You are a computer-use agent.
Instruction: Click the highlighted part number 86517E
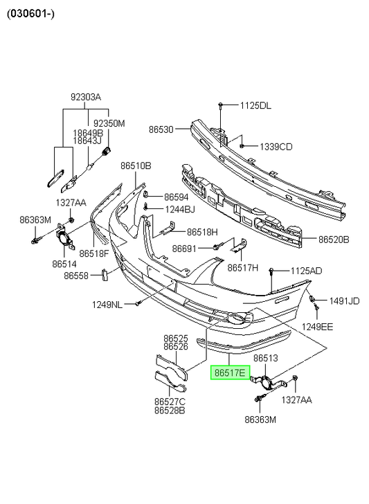[230, 372]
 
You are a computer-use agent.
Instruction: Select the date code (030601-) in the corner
[31, 14]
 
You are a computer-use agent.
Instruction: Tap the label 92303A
[86, 97]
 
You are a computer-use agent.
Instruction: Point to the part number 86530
[161, 129]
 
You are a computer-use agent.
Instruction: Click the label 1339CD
[276, 147]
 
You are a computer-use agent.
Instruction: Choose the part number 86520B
[334, 240]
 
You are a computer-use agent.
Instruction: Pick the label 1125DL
[255, 105]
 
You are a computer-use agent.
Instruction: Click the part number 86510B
[136, 166]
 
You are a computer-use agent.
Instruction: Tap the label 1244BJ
[180, 210]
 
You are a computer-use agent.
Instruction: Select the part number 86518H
[202, 232]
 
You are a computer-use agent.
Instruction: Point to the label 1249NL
[107, 305]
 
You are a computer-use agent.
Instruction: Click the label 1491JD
[344, 301]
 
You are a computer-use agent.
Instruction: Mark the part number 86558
[76, 276]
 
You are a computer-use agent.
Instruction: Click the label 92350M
[109, 123]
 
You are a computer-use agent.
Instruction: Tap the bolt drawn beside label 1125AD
[271, 271]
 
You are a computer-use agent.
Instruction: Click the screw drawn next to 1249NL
[137, 303]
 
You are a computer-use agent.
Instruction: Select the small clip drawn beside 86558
[104, 275]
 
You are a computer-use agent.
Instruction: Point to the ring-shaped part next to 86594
[145, 194]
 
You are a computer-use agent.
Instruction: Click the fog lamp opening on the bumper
[237, 318]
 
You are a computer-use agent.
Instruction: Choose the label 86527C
[170, 402]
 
